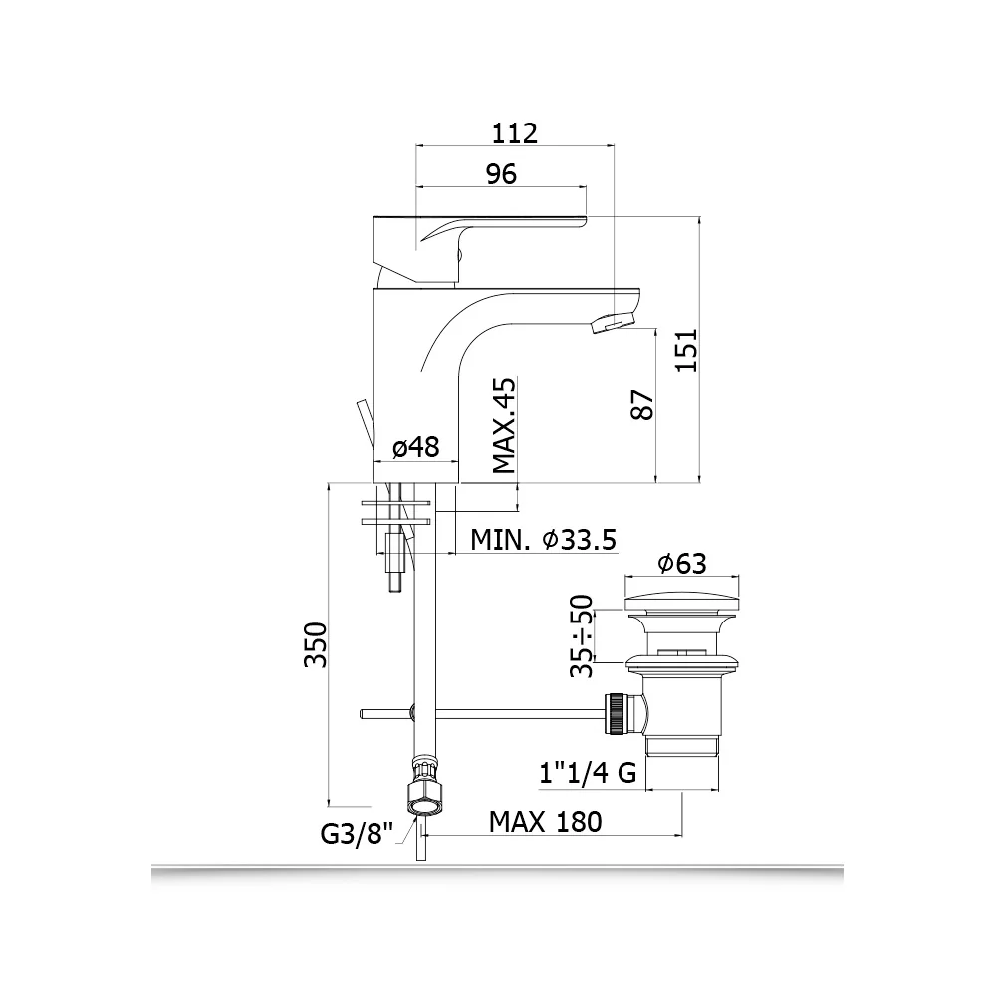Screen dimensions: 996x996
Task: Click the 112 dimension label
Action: coord(515,132)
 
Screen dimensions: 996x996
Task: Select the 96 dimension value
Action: coord(501,173)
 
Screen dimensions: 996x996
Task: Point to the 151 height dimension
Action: coord(686,350)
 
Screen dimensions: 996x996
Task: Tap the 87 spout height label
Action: coord(643,404)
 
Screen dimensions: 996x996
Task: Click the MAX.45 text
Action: coord(504,426)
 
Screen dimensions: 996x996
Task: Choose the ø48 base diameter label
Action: coord(416,447)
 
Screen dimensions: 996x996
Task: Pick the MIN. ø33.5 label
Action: coord(544,540)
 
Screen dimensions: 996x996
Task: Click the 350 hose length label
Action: coord(316,645)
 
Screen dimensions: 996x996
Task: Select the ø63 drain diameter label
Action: coord(682,563)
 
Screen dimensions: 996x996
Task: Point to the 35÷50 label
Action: coord(582,635)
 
